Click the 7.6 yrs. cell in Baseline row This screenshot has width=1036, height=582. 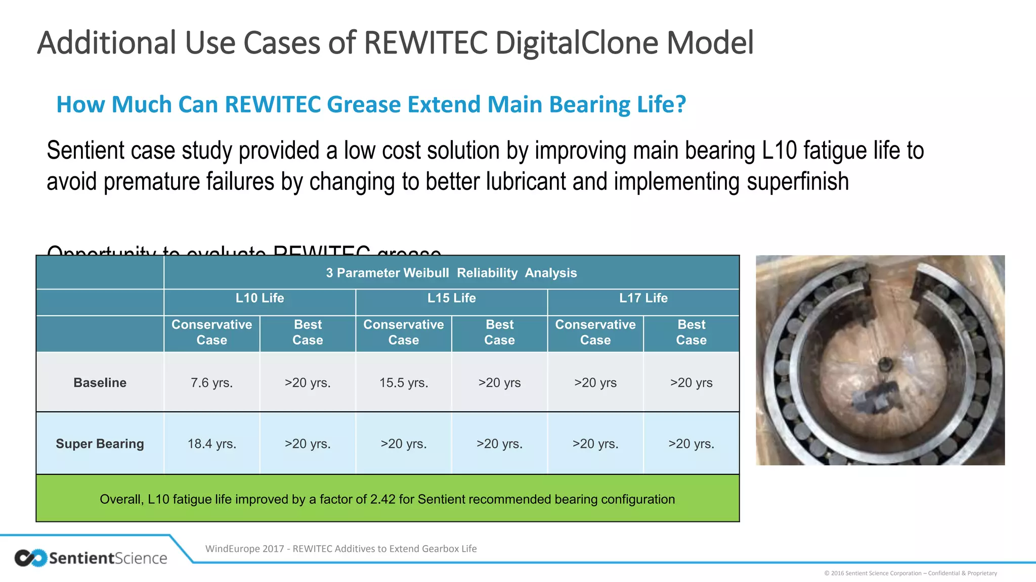pos(211,383)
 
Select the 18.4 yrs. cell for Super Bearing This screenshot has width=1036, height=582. pos(211,444)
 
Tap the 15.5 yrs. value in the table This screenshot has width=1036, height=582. pos(404,383)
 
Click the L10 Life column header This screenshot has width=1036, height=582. pos(260,298)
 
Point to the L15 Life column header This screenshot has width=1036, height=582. pos(451,298)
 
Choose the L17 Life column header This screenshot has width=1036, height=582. pos(643,298)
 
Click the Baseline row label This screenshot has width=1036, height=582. pos(100,383)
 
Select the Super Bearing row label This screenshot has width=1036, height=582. pos(100,444)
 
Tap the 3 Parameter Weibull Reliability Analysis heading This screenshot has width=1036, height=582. pos(451,273)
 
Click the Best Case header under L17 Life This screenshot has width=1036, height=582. pos(691,332)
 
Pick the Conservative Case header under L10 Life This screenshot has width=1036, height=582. pos(211,332)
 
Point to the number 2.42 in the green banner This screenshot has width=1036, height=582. pos(382,500)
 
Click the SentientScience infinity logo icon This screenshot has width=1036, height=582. pos(30,558)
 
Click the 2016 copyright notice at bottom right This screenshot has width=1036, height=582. pos(910,573)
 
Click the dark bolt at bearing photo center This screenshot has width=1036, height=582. pos(885,364)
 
